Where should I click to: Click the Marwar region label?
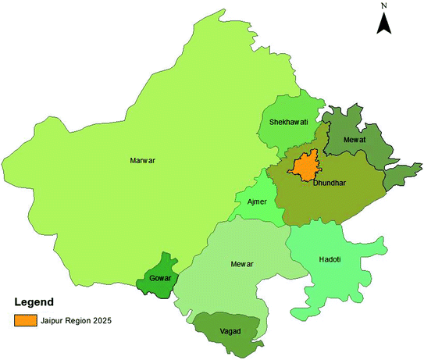pos(142,161)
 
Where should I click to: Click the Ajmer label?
pos(257,201)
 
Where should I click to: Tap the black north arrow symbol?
pos(383,23)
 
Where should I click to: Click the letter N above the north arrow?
pos(383,5)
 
